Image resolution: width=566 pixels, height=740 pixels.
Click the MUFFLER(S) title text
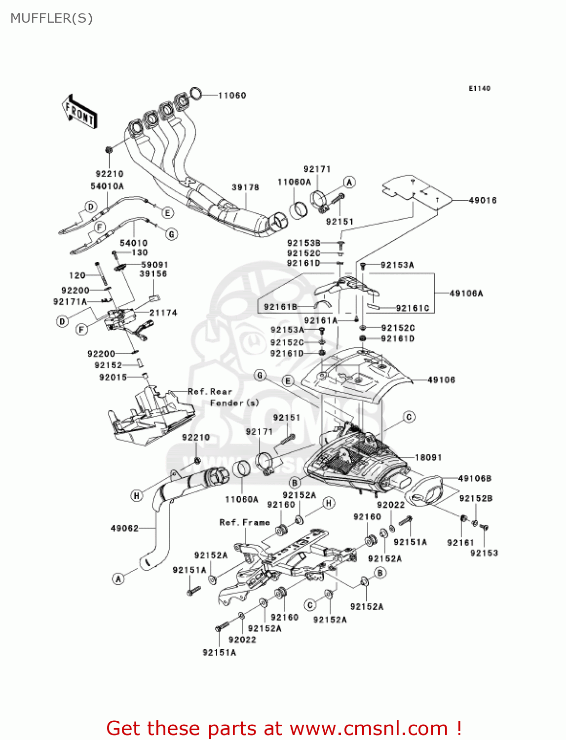51,18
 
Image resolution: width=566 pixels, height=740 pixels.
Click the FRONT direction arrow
79,112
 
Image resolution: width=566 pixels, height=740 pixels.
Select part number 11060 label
232,95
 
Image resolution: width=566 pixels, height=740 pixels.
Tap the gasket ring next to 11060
196,92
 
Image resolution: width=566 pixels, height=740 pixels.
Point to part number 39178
245,187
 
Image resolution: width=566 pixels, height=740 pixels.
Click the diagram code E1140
479,88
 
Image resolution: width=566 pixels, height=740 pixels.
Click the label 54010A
107,186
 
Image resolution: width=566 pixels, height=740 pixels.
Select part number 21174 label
163,313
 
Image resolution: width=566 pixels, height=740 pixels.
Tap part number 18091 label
428,457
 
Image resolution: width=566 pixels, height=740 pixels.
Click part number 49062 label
124,528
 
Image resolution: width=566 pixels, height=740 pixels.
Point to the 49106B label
474,479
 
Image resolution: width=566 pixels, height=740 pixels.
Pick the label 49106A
466,294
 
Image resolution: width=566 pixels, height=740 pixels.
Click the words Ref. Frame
245,522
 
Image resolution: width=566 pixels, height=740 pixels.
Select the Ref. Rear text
210,392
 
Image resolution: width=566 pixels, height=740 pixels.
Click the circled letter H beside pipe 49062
136,496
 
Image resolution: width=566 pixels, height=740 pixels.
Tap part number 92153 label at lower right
484,553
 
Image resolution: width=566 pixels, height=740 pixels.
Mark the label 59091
154,265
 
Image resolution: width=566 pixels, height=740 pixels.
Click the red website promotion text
284,728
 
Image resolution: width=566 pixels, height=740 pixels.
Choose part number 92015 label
113,377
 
